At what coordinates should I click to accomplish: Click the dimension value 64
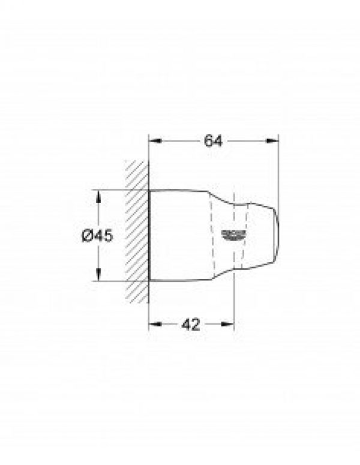213,142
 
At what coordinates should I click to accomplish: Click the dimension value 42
190,325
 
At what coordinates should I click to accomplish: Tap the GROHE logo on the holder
233,233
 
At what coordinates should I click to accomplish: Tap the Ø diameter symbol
86,236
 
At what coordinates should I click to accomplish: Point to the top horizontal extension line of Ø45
120,190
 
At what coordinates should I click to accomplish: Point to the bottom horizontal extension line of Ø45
120,281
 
